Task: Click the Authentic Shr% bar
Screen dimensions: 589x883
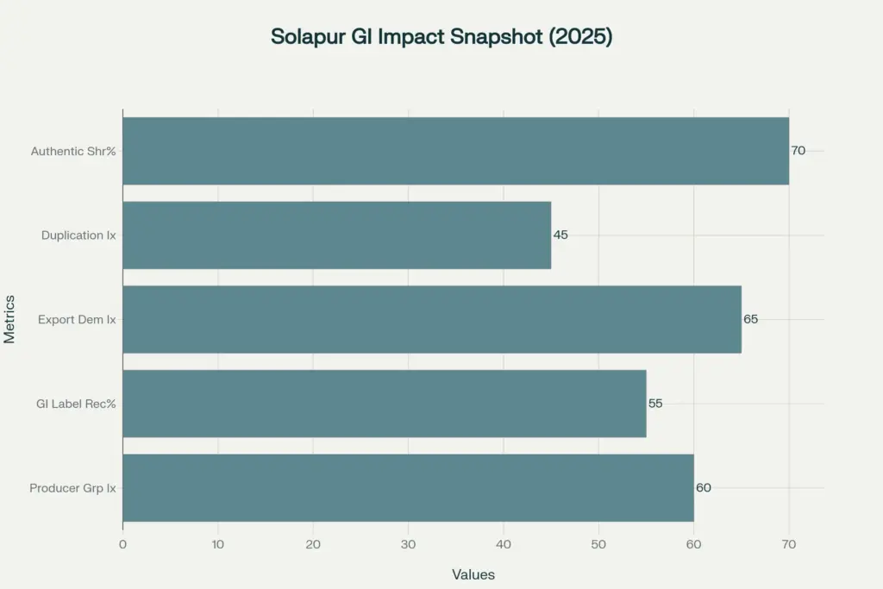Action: pos(455,151)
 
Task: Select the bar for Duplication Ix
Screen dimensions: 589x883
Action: pos(336,235)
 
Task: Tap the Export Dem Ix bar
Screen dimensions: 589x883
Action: pos(431,319)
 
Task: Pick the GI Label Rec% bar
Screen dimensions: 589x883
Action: pos(384,404)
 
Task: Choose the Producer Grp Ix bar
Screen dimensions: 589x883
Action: pos(408,487)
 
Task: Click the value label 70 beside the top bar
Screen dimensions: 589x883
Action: pos(798,151)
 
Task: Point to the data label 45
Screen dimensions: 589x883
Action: pos(560,235)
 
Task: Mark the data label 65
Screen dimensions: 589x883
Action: pos(750,319)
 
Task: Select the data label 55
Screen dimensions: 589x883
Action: pos(655,404)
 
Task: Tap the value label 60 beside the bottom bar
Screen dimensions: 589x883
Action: pos(703,487)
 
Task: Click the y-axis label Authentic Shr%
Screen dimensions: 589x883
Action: pos(73,151)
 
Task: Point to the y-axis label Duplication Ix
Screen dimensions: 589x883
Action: pos(78,235)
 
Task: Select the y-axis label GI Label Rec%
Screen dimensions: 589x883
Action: pos(76,404)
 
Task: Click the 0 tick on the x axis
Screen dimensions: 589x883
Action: pos(122,544)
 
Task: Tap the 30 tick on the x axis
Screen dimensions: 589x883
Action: pos(408,544)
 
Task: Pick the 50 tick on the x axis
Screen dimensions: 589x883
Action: pos(598,544)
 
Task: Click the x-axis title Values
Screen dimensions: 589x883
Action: pos(473,574)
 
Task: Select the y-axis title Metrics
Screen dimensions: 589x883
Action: pos(9,319)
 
